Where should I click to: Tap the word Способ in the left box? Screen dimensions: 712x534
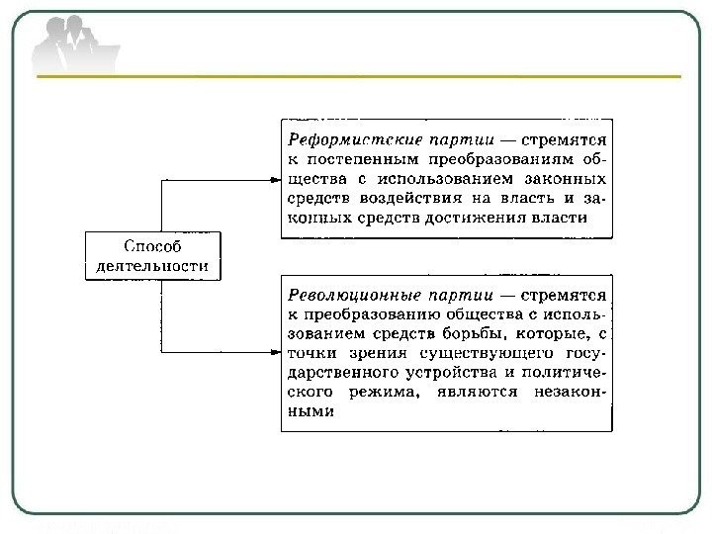[x=152, y=245]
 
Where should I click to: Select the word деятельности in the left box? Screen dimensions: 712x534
[x=152, y=264]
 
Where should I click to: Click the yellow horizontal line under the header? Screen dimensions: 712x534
[x=356, y=76]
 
